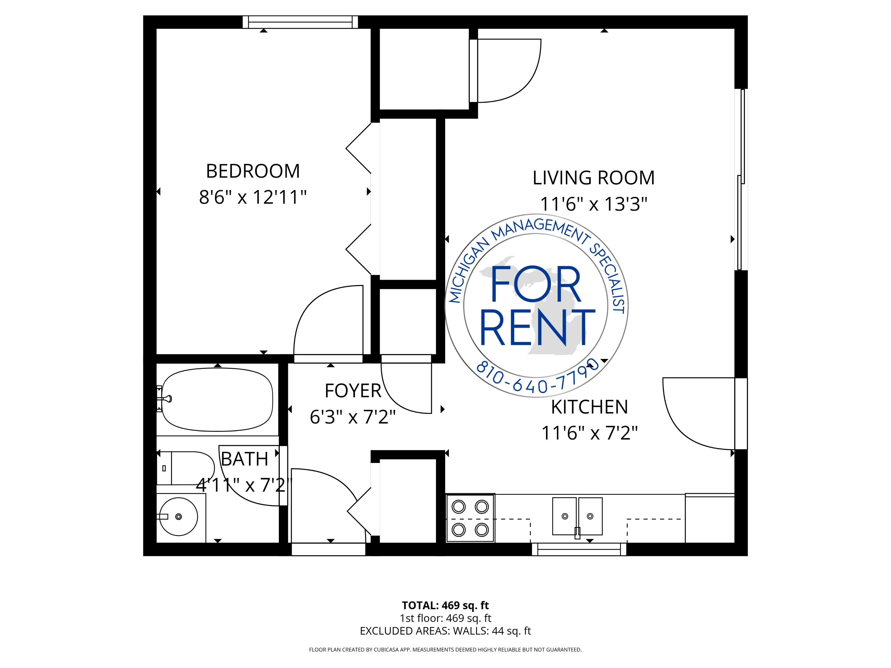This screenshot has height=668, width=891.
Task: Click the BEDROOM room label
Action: pos(253,171)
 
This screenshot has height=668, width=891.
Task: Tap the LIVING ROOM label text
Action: pos(594,178)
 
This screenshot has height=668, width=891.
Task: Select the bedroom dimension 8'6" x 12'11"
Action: pos(253,197)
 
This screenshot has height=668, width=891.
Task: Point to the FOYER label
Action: pos(353,391)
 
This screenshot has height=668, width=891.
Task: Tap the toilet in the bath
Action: pos(186,468)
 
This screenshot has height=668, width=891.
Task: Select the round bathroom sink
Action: pos(178,517)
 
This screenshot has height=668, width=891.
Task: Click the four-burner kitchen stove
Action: pos(470,518)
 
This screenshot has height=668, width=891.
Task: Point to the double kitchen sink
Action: pos(577,517)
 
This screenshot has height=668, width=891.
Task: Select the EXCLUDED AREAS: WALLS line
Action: pos(445,631)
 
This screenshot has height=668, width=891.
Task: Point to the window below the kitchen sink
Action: pos(579,549)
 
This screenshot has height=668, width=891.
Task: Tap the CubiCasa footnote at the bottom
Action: pos(445,650)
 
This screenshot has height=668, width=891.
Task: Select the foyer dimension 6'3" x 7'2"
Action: pos(353,417)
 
